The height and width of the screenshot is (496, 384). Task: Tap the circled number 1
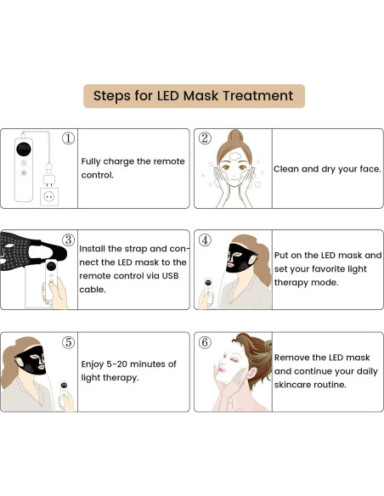[69, 138]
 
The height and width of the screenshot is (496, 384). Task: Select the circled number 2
[205, 138]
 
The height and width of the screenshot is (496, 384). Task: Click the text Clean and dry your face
[327, 169]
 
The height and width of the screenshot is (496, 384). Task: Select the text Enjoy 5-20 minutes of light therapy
[128, 370]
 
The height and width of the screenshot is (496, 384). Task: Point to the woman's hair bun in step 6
[251, 350]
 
